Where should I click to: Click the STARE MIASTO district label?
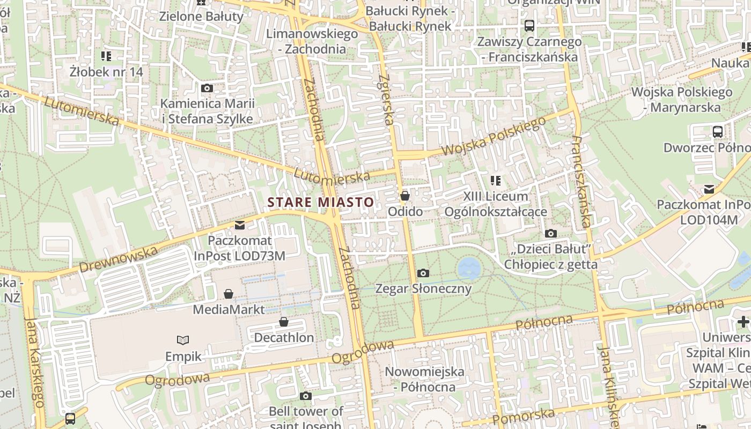click(x=320, y=202)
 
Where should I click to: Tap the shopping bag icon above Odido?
click(x=405, y=196)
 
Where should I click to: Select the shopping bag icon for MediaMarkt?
click(x=229, y=294)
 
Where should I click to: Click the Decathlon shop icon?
click(x=284, y=322)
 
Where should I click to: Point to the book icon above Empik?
click(x=183, y=340)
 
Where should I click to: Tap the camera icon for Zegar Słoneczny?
click(x=423, y=273)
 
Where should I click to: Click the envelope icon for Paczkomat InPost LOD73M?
click(x=239, y=225)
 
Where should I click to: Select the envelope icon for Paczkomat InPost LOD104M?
click(x=709, y=189)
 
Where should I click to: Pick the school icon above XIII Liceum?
click(x=495, y=181)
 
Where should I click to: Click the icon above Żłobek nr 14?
click(x=106, y=56)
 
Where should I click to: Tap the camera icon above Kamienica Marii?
click(x=207, y=88)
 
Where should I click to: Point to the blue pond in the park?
click(x=469, y=268)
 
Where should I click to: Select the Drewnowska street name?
click(x=119, y=259)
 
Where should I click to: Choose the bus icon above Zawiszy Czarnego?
click(x=529, y=25)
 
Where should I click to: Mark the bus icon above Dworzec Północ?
click(x=717, y=131)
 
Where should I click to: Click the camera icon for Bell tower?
click(x=306, y=396)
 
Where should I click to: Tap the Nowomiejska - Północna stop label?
click(x=420, y=379)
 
